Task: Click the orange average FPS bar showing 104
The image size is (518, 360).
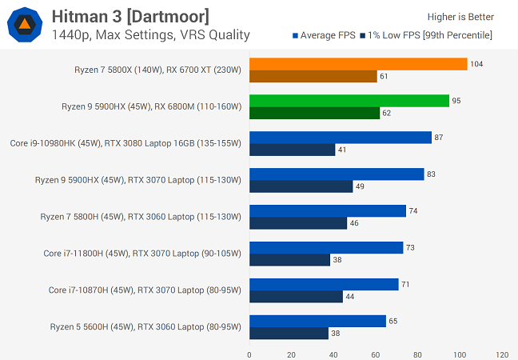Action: click(x=358, y=64)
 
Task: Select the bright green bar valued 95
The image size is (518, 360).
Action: click(x=349, y=101)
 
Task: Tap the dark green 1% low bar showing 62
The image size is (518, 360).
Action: click(x=314, y=114)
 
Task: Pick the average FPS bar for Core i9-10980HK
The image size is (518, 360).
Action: click(x=341, y=138)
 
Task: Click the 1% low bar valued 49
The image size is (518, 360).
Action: click(x=301, y=186)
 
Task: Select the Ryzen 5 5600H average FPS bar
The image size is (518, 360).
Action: click(x=317, y=321)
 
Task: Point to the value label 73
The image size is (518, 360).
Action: click(x=410, y=248)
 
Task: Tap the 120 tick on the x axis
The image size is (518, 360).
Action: click(x=501, y=354)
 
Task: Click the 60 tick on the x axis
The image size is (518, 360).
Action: click(x=376, y=354)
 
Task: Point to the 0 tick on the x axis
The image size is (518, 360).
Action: click(x=249, y=354)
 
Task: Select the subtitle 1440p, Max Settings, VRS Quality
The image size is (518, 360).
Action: click(x=151, y=34)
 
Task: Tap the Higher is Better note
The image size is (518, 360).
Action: click(x=461, y=17)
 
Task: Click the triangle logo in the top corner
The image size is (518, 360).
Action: click(x=26, y=25)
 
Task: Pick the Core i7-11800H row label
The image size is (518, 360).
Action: click(x=142, y=254)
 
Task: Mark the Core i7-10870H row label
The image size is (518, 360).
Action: click(x=145, y=290)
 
